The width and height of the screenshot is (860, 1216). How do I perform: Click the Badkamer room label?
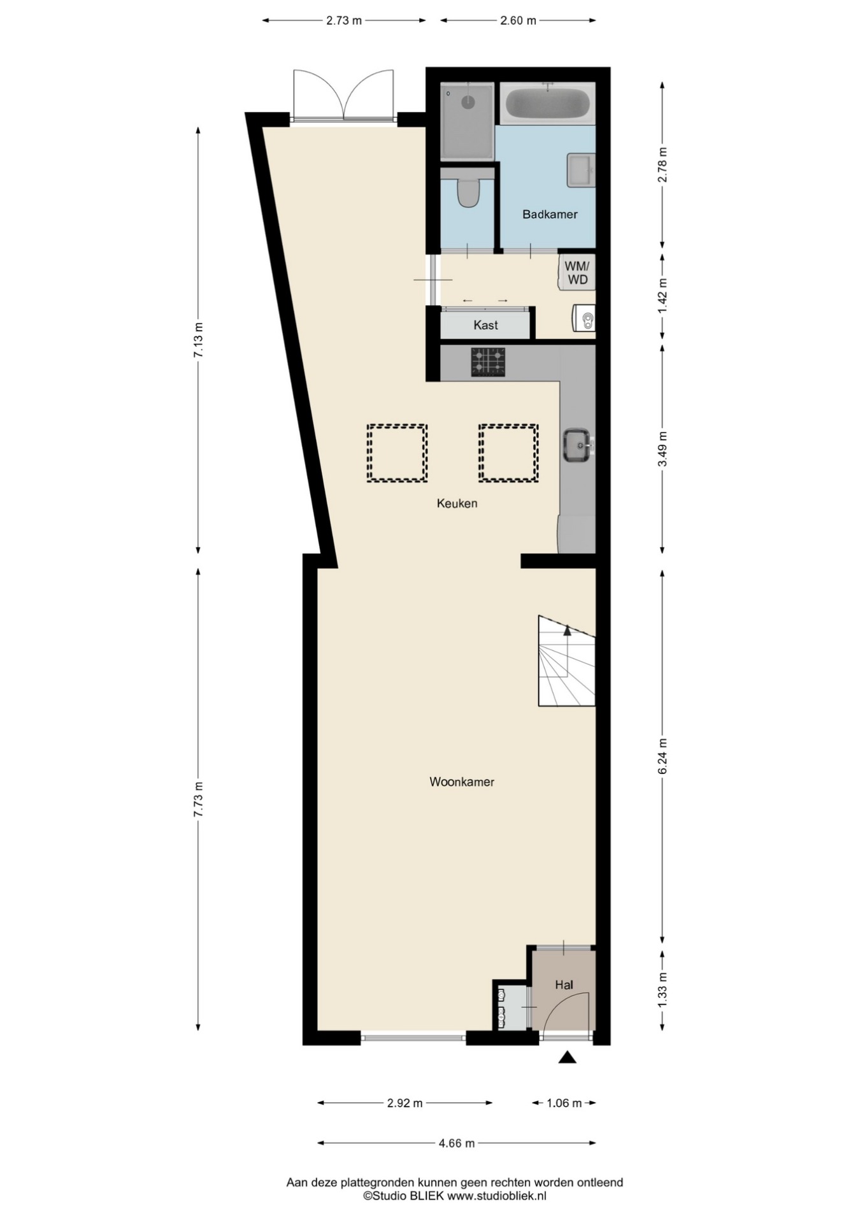550,215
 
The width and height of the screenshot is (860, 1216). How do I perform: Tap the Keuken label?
457,503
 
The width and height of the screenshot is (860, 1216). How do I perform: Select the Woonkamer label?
462,782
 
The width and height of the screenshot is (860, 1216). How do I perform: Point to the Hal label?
564,985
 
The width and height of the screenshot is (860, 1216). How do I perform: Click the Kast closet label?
485,325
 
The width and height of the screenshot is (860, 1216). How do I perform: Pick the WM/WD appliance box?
577,273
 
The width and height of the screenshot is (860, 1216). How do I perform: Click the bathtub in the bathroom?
547,103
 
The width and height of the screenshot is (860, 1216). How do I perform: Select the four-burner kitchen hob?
488,362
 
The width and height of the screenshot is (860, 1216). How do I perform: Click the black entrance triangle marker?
568,1057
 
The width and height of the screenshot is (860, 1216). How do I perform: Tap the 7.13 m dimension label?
198,340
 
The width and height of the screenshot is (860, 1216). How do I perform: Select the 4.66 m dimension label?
456,1143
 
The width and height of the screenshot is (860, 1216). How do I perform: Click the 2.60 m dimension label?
518,20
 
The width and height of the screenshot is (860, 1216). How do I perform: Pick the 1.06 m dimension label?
564,1103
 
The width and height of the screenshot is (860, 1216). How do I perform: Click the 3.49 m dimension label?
663,449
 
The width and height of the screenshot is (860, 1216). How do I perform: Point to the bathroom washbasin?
581,170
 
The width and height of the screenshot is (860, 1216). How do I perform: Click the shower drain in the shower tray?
469,101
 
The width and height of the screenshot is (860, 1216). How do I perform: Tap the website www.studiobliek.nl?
497,1196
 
